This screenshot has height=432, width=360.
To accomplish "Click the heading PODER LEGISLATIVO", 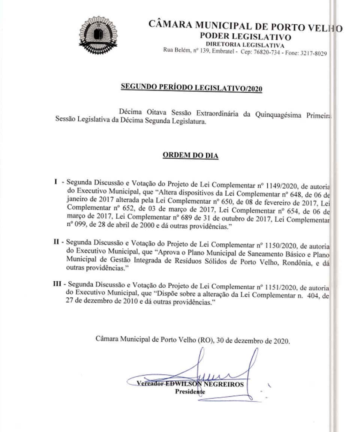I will coord(246,37).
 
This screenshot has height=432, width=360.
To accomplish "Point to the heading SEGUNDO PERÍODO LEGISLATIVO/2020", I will coord(191,88).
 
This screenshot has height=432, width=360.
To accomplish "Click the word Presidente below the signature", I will coord(190,392).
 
